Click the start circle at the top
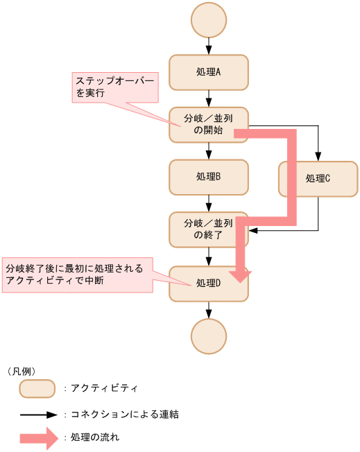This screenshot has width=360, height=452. pyautogui.click(x=208, y=20)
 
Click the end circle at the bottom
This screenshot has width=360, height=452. pyautogui.click(x=208, y=337)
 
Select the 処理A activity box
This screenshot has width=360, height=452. pyautogui.click(x=208, y=72)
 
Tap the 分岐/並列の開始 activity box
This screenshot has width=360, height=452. pyautogui.click(x=208, y=125)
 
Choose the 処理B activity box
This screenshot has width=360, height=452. pyautogui.click(x=208, y=177)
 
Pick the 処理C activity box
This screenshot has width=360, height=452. pyautogui.click(x=318, y=179)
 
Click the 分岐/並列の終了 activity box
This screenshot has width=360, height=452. pyautogui.click(x=208, y=229)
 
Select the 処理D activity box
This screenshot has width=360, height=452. pyautogui.click(x=208, y=284)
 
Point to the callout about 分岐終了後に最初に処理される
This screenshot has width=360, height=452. pyautogui.click(x=76, y=274)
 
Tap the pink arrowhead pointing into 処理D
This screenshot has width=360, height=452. pyautogui.click(x=241, y=275)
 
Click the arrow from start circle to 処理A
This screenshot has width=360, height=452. pyautogui.click(x=208, y=46)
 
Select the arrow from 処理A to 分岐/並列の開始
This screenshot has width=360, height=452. pyautogui.click(x=208, y=98)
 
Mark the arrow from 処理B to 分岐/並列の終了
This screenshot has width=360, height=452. pyautogui.click(x=208, y=203)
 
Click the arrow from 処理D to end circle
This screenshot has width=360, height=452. pyautogui.click(x=208, y=310)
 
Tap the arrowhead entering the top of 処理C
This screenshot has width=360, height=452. pyautogui.click(x=318, y=156)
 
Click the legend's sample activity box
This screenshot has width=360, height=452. pyautogui.click(x=37, y=389)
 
